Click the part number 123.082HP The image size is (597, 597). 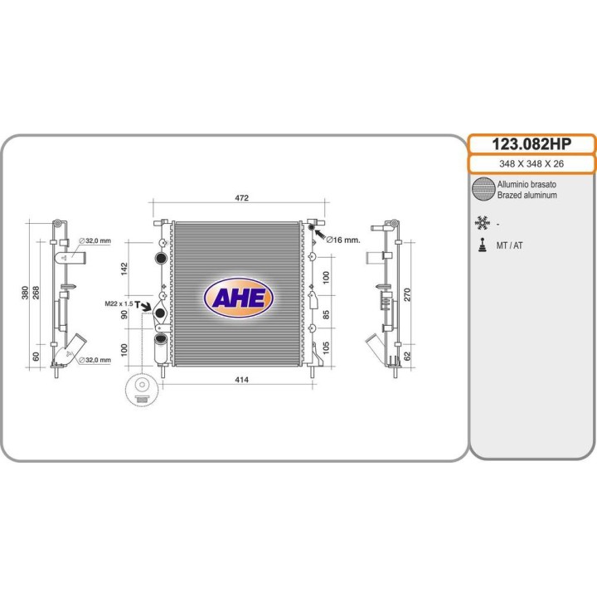coord(531,144)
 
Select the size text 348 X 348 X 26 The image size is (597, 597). coord(531,163)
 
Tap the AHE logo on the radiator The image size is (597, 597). coord(239,298)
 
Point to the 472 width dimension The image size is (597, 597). coord(242,197)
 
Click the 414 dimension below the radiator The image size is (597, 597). coord(242,380)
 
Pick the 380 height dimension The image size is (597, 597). coord(25,293)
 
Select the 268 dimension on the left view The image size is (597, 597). coord(36,293)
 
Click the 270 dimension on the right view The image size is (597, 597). coord(407,294)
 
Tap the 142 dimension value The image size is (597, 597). coord(124,269)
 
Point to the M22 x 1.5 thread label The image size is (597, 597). coord(119,303)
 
